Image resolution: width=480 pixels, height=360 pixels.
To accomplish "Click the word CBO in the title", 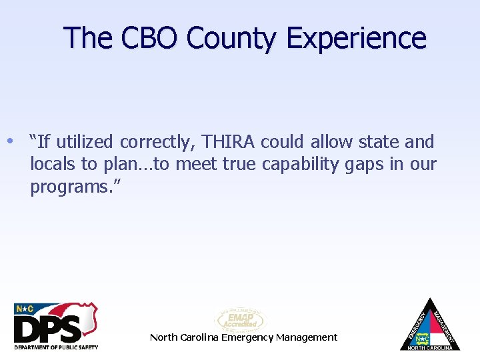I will pos(150,38).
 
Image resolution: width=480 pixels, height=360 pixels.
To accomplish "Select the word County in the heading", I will pos(233,38).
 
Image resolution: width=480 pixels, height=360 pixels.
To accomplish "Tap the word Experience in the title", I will pos(356,38).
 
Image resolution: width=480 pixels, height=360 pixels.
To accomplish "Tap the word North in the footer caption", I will pos(163,337).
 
